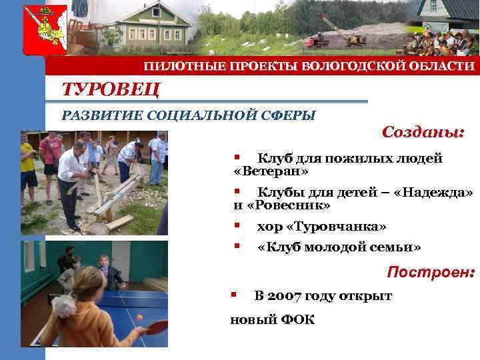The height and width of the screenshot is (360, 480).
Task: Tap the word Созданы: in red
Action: click(x=423, y=132)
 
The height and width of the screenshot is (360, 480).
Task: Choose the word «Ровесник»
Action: click(x=288, y=205)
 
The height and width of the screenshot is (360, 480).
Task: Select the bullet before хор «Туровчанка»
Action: click(x=235, y=225)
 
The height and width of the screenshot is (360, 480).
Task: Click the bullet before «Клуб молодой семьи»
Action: click(x=235, y=246)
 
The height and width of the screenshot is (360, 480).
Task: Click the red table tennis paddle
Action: click(x=157, y=325)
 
